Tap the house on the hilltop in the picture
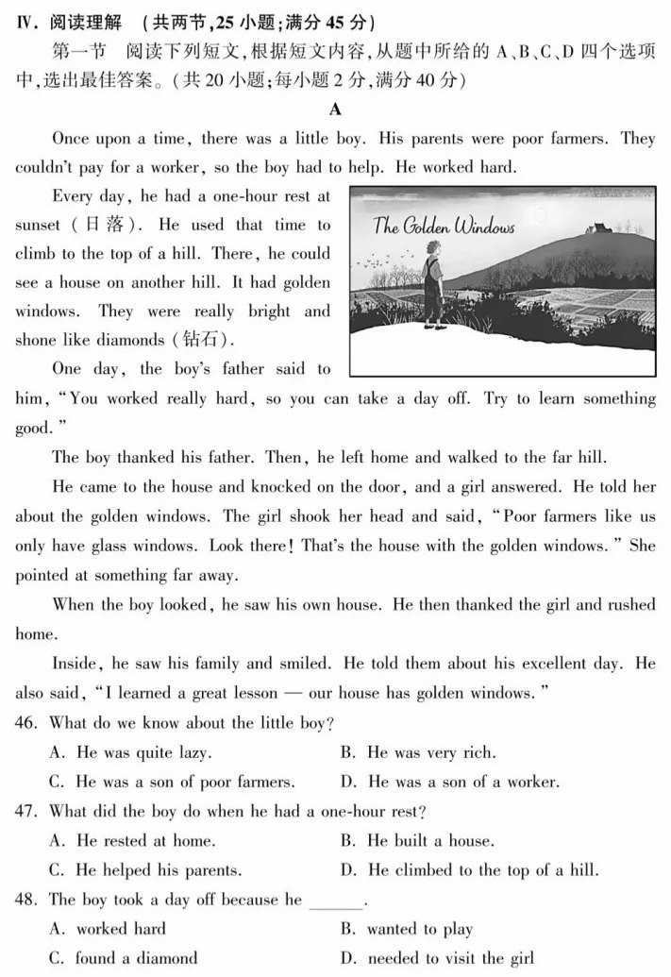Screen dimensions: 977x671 [595, 227]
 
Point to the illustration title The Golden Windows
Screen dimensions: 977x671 [444, 227]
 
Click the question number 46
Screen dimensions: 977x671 [28, 723]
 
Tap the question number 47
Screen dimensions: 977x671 [28, 811]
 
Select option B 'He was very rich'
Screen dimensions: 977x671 [418, 752]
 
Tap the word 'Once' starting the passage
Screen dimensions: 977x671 [71, 139]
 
